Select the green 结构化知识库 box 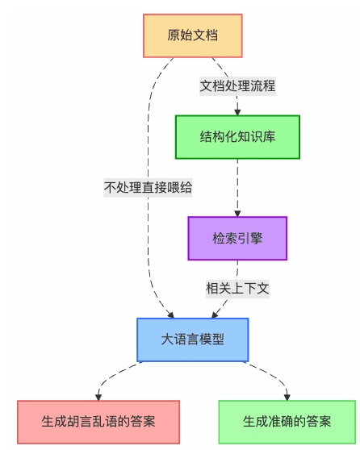[237, 136]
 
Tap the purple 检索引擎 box [237, 238]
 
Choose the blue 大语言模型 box [192, 340]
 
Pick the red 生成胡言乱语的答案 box [98, 421]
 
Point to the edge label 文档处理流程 [237, 85]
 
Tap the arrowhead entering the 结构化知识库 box [237, 112]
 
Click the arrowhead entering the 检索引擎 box [237, 213]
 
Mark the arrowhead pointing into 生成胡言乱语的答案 [98, 396]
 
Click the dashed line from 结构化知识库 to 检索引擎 [237, 185]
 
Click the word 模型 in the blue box [212, 340]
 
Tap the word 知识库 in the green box [255, 136]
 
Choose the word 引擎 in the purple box [249, 238]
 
